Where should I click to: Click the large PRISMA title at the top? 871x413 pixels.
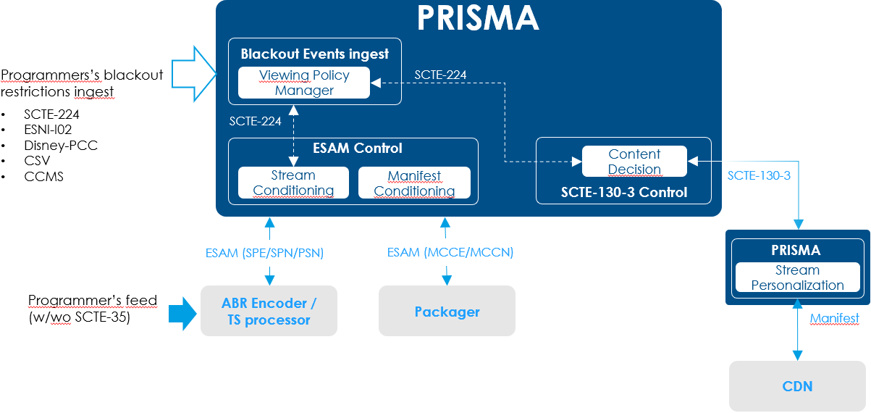(478, 18)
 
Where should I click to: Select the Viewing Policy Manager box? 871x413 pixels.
(304, 83)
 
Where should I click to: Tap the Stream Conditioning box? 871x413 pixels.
(293, 183)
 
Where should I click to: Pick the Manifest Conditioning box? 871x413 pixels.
(414, 183)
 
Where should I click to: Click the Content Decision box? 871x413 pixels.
(634, 162)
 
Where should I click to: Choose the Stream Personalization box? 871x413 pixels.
(797, 278)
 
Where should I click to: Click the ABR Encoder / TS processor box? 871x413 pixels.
(269, 311)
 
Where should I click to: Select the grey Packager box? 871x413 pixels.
(447, 312)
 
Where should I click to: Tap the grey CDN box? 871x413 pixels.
(797, 386)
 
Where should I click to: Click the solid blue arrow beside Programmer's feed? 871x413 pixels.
(182, 312)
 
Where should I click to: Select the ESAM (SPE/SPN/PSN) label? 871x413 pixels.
(264, 253)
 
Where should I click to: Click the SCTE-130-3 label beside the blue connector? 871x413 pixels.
(759, 175)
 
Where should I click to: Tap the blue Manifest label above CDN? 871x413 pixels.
(834, 318)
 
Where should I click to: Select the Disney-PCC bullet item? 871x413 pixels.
(60, 146)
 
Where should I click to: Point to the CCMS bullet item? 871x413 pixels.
(43, 177)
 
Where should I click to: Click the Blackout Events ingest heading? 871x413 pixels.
(314, 54)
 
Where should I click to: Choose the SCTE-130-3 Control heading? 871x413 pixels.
(623, 193)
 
